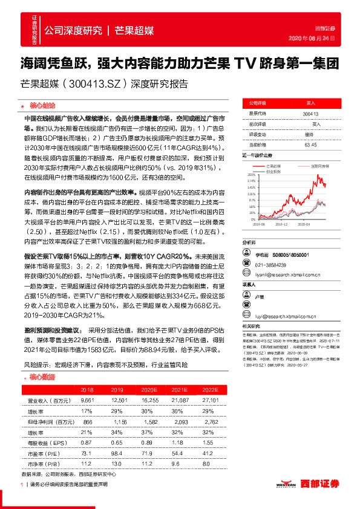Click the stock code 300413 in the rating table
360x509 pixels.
pos(310,114)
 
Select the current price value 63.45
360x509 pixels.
pos(310,144)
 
